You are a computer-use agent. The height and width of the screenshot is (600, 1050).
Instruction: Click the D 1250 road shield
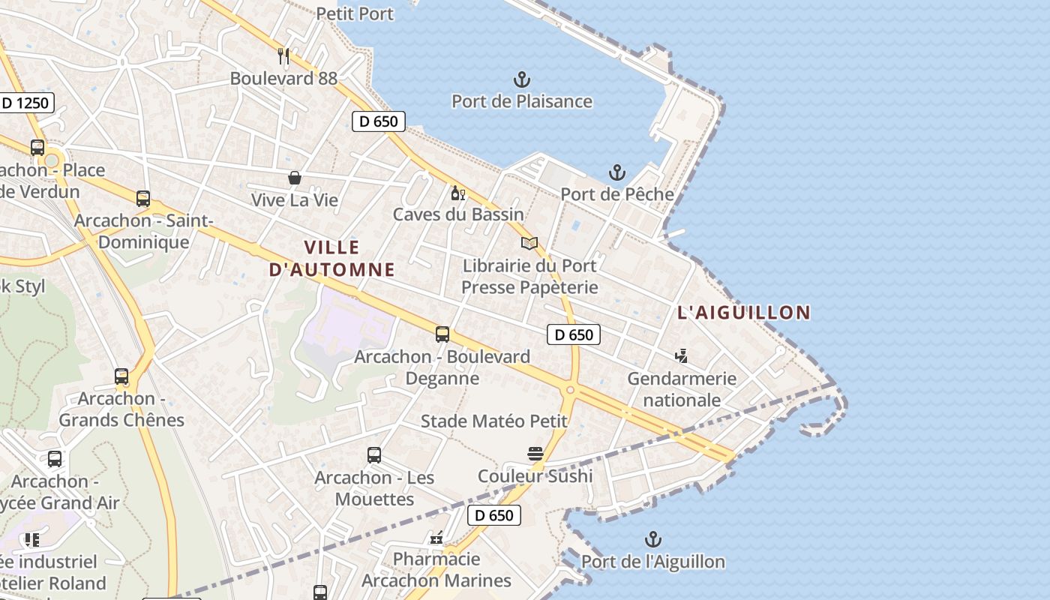click(25, 103)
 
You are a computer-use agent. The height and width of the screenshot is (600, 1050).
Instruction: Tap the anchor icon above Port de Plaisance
click(521, 79)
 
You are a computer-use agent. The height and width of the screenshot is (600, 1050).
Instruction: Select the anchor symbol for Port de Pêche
click(616, 172)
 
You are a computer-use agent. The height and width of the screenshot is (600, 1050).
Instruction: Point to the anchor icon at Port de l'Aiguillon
click(653, 539)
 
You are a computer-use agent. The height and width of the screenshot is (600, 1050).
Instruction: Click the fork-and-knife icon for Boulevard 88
click(283, 55)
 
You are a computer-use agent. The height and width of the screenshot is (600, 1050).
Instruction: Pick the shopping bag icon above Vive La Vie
click(295, 178)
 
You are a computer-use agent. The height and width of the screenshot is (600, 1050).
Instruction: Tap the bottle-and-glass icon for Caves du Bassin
click(457, 193)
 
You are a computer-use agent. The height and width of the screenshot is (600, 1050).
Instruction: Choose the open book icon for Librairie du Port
click(529, 243)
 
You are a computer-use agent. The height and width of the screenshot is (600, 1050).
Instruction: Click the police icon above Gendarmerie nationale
click(682, 355)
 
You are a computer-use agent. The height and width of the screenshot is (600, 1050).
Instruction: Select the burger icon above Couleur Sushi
click(535, 453)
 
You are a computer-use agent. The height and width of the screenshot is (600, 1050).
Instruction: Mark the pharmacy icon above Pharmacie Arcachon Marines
click(436, 537)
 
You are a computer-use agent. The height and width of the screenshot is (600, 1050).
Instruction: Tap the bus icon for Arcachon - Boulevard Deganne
click(442, 334)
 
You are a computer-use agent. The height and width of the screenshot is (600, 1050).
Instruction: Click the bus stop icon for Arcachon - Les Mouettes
click(373, 454)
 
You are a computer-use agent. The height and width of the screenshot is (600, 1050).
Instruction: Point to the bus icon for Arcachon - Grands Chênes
click(121, 376)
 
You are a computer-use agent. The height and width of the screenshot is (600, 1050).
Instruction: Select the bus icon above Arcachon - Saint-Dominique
click(143, 199)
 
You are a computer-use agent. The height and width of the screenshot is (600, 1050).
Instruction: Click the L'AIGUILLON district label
click(744, 313)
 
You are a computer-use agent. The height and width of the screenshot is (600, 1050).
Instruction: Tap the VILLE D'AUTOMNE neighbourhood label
click(332, 258)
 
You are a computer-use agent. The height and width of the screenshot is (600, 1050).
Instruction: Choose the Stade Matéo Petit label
click(494, 421)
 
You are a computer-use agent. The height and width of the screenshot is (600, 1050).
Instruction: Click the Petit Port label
click(355, 13)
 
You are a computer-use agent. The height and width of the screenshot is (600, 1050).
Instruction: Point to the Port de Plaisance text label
click(522, 101)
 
